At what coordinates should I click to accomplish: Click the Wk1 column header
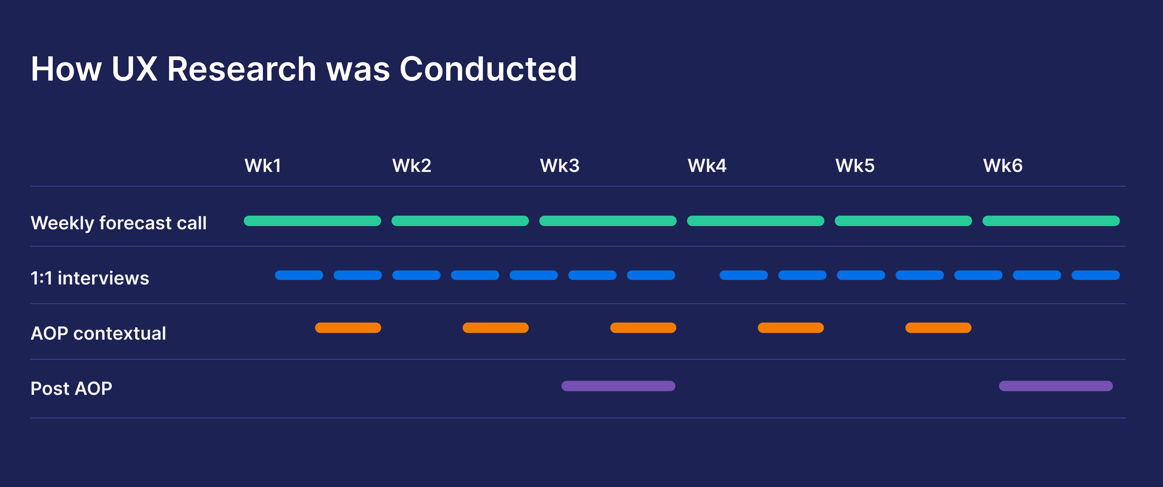[x=263, y=166]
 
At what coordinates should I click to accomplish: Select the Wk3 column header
[x=559, y=166]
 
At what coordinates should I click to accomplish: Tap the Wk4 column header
[x=707, y=166]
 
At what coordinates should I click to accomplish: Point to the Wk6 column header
[x=1003, y=166]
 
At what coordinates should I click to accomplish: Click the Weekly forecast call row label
[x=119, y=223]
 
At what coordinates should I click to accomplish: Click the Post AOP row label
[x=71, y=389]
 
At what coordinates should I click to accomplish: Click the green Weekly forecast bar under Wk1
[x=313, y=221]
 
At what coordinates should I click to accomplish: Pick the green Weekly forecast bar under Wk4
[x=756, y=221]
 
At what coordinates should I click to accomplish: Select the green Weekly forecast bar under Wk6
[x=1051, y=221]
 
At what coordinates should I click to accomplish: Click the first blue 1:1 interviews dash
[x=299, y=275]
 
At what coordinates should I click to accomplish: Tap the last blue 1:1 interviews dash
[x=1096, y=275]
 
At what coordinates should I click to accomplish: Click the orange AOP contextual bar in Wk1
[x=348, y=328]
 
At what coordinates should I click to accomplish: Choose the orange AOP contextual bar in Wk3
[x=643, y=328]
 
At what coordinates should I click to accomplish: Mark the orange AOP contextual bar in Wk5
[x=939, y=328]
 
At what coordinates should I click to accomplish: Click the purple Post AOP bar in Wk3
[x=618, y=386]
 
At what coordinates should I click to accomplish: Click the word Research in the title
[x=242, y=69]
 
